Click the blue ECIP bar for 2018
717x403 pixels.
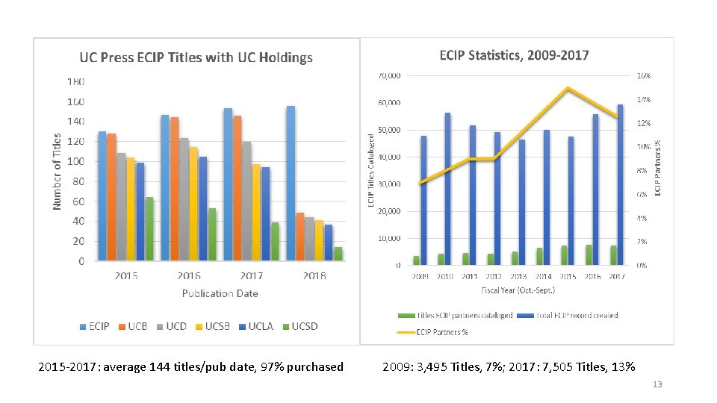[291, 183]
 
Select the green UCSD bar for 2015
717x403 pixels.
[149, 229]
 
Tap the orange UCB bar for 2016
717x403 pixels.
[174, 189]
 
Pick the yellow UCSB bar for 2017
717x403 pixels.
[256, 213]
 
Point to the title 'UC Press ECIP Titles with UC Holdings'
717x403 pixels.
[196, 57]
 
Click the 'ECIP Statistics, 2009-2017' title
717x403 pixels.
[514, 55]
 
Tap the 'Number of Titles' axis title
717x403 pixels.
[58, 171]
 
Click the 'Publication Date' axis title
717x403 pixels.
[220, 293]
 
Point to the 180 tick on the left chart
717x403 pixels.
[76, 81]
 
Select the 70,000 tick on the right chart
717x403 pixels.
[388, 76]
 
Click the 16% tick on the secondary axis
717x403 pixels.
[643, 76]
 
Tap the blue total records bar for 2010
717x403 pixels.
[447, 189]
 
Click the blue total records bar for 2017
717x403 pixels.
[620, 184]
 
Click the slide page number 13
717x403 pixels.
[657, 384]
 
